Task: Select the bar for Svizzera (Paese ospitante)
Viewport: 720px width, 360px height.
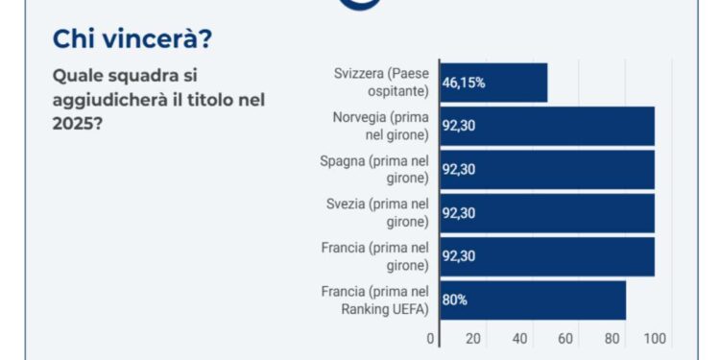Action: [493, 83]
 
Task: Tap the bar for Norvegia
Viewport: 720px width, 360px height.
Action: [547, 126]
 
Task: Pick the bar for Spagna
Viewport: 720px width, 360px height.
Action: [547, 170]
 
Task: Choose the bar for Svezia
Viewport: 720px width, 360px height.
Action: [547, 213]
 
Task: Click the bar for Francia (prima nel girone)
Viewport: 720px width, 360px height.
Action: [547, 256]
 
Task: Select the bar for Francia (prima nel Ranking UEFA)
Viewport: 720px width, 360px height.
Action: [533, 300]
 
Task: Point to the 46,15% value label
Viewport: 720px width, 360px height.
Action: [464, 83]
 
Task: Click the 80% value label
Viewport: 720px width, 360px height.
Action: [454, 300]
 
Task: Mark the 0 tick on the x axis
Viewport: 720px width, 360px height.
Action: [430, 339]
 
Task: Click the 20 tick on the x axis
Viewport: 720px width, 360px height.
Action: [473, 339]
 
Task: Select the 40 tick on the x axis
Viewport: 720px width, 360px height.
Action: [519, 339]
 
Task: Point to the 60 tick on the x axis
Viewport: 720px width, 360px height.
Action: [564, 339]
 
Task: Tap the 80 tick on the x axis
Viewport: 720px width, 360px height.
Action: [610, 339]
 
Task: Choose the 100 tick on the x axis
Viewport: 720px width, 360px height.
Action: [656, 339]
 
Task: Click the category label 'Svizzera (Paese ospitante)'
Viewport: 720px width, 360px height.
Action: [382, 83]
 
